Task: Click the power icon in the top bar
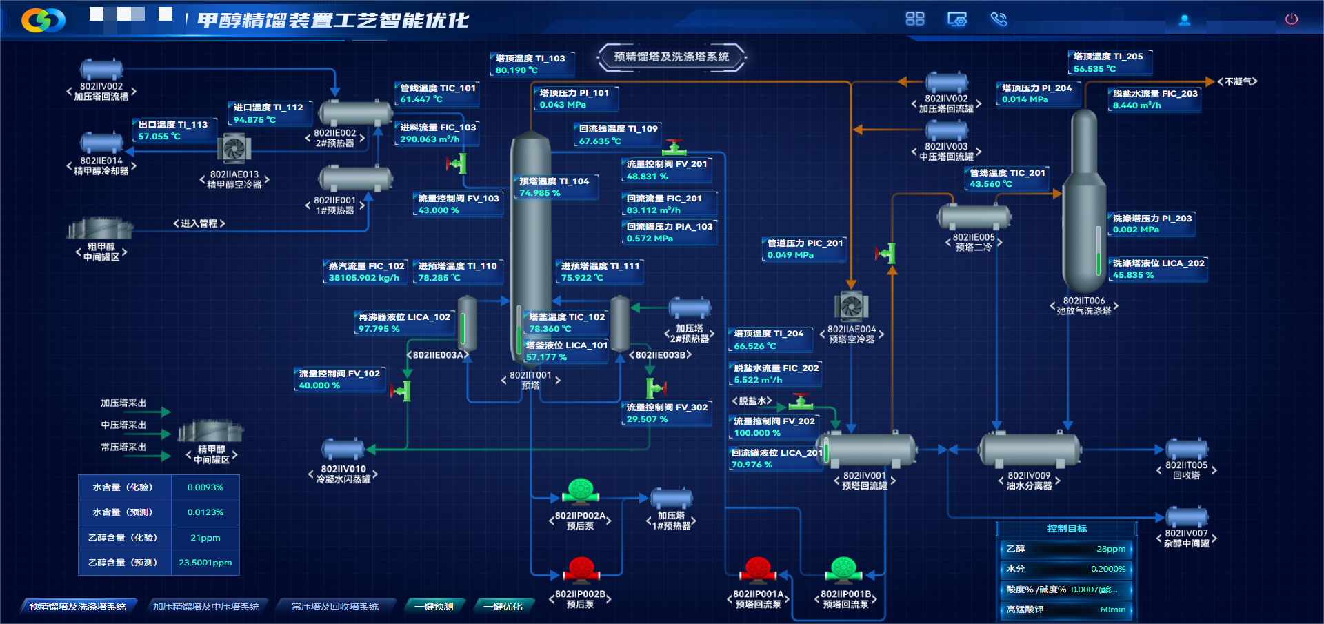tap(1292, 19)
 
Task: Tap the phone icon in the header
tap(999, 19)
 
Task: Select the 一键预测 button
tap(434, 606)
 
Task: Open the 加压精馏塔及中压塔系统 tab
tap(206, 606)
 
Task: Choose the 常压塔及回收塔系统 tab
tap(335, 606)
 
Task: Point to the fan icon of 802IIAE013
tap(234, 149)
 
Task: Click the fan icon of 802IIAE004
tap(851, 305)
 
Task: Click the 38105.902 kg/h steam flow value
tap(363, 278)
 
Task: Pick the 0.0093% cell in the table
tap(205, 487)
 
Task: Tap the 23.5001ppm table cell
tap(205, 563)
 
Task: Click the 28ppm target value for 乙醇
tap(1110, 549)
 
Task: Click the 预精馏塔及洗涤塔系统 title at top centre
tap(671, 57)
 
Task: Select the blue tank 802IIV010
tap(343, 450)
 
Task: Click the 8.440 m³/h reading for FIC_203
tap(1136, 105)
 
